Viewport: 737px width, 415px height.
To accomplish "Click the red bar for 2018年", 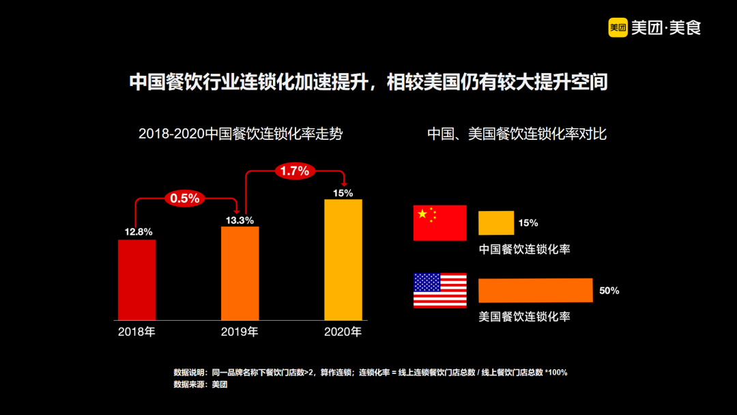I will point(136,279).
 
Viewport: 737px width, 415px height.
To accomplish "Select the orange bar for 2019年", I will point(240,273).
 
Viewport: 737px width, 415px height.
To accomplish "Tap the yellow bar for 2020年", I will point(343,259).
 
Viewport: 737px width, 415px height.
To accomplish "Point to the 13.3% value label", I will point(240,220).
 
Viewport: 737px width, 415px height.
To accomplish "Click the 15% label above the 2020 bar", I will point(343,193).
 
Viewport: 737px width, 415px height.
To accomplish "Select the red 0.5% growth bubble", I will point(184,199).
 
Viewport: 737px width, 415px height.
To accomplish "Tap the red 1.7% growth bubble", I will point(295,171).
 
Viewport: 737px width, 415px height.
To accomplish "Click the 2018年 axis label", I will point(136,332).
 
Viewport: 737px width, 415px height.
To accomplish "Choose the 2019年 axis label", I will point(240,332).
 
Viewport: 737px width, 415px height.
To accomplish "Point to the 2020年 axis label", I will point(343,332).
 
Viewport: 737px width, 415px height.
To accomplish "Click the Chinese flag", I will point(440,223).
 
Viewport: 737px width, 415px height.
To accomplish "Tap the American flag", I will point(440,290).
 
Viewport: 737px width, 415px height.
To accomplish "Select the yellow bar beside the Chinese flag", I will point(496,223).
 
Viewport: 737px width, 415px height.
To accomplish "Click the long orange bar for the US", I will point(535,290).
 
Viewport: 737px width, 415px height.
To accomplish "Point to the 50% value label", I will point(609,291).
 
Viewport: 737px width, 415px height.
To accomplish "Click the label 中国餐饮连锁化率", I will point(524,249).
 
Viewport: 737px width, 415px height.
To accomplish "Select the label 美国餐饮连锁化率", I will point(524,317).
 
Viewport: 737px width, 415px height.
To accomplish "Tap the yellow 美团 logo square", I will point(618,28).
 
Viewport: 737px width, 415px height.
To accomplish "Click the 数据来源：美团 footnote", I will point(201,385).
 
